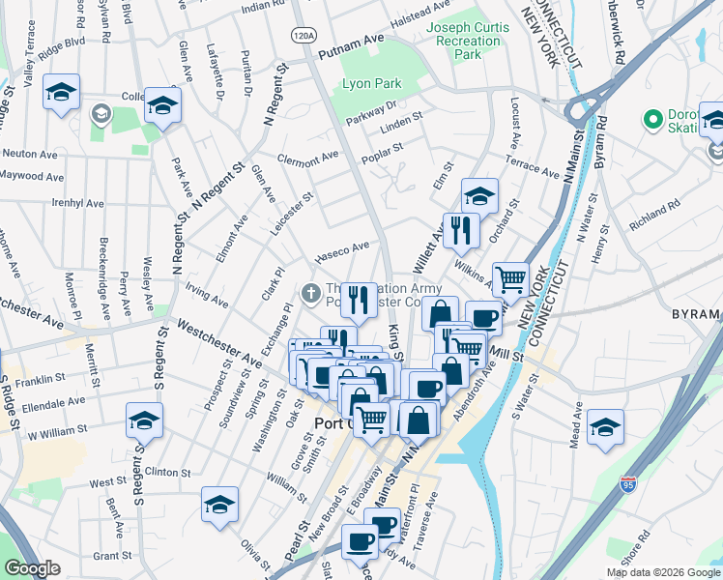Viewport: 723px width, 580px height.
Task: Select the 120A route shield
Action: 304,36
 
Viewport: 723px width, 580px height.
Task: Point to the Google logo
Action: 32,568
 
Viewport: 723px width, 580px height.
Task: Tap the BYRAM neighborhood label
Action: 696,314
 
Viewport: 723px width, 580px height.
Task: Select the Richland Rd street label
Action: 655,208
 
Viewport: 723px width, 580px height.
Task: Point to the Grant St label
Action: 112,556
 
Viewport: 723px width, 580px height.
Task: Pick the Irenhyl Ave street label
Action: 77,204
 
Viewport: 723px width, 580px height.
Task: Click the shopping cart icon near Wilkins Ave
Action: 510,279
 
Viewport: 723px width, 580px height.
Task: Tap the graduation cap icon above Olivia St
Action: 219,504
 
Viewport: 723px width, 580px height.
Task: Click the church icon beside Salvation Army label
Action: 311,291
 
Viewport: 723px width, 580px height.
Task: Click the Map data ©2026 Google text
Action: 663,572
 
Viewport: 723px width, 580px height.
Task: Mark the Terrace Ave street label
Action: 534,168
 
